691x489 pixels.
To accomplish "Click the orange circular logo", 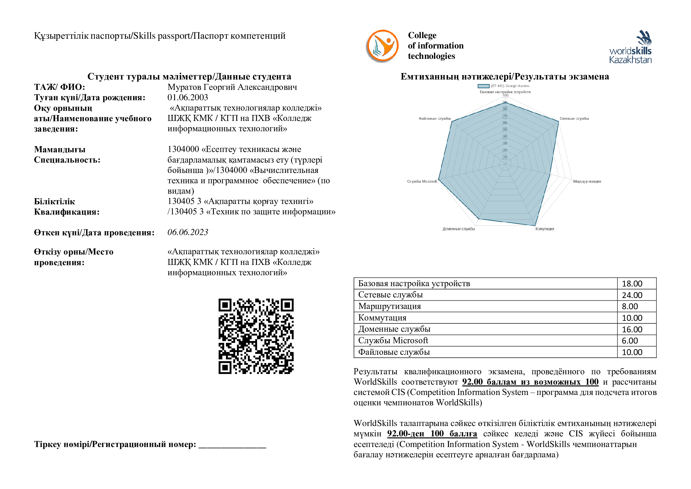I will pos(383,45).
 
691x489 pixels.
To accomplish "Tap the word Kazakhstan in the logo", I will pos(630,60).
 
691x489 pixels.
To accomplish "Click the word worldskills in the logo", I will pos(630,51).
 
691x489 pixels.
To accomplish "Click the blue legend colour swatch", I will pos(483,86).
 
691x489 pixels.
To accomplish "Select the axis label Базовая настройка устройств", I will pos(505,92).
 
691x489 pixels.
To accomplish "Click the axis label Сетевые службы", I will pos(574,119).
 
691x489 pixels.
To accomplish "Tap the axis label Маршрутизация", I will pos(587,181).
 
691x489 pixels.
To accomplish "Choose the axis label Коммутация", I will pos(545,229).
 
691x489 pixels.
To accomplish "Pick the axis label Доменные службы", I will pos(459,229).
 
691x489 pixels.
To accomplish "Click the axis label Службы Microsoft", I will pos(422,181).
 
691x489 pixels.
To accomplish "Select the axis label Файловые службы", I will pos(434,119).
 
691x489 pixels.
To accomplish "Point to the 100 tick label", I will pos(505,95).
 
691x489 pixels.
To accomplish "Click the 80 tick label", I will pos(505,109).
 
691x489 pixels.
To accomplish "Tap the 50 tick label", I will pos(505,130).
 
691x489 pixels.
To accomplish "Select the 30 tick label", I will pos(505,143).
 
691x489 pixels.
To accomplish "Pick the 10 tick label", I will pos(505,157).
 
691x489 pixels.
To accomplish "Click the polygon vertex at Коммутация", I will pos(536,226).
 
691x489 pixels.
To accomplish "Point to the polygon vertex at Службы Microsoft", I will pos(438,179).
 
